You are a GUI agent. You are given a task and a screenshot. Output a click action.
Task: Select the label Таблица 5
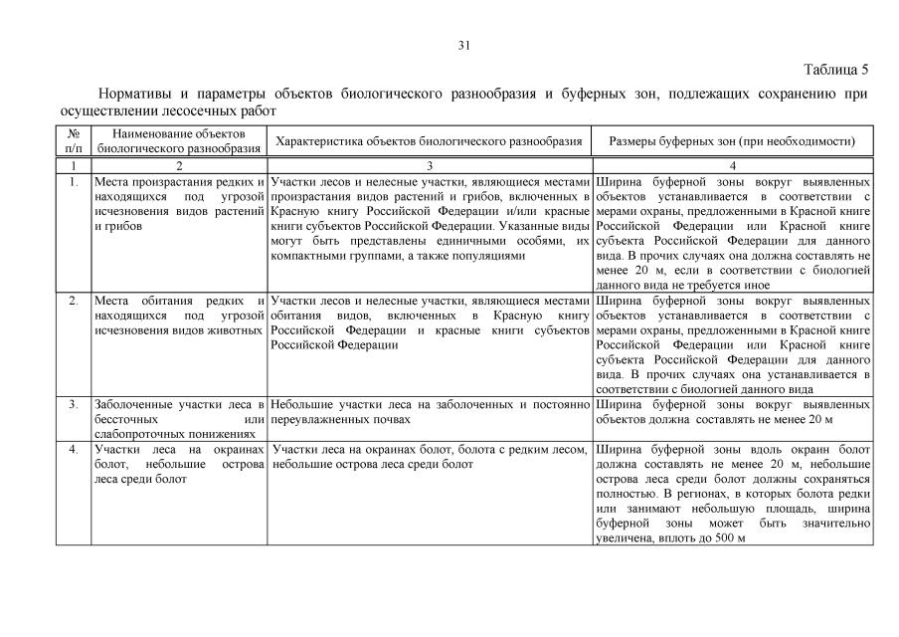(x=835, y=70)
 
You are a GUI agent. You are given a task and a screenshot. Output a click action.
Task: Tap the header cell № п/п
(x=75, y=140)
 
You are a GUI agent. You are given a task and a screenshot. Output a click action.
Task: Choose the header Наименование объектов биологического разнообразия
(x=179, y=140)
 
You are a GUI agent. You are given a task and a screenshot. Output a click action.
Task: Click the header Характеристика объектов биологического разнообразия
(x=429, y=141)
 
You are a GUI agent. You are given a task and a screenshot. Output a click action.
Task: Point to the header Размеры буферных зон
(x=732, y=141)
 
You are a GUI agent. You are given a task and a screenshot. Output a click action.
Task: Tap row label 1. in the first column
(x=75, y=182)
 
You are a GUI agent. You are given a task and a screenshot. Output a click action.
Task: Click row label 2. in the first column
(x=75, y=301)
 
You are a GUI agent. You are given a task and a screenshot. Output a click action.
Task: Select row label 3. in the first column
(x=75, y=405)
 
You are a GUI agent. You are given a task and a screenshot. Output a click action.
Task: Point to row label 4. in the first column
(x=75, y=449)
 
